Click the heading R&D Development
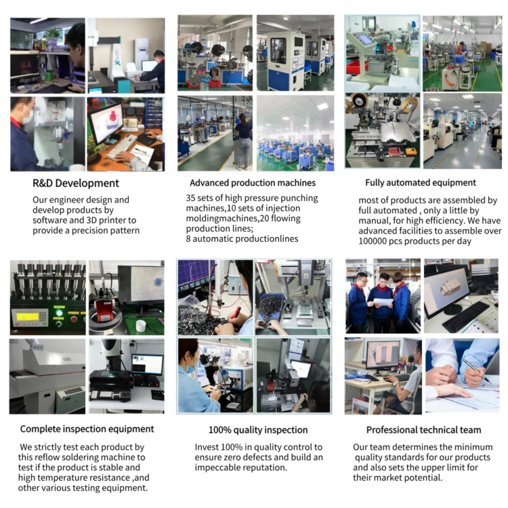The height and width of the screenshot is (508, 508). click(76, 184)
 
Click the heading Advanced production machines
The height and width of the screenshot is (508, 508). click(253, 183)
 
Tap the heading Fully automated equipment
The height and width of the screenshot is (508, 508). click(421, 183)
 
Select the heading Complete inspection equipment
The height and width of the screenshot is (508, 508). click(87, 429)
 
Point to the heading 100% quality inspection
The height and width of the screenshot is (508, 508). click(258, 430)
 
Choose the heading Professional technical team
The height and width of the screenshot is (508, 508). click(423, 430)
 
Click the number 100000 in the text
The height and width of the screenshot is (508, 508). click(373, 241)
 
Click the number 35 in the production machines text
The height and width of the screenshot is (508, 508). click(190, 198)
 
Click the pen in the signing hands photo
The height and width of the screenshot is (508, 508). click(477, 371)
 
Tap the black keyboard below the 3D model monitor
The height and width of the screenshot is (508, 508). click(465, 316)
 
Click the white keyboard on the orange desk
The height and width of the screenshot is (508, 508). click(122, 147)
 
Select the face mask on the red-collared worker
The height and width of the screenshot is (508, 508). click(28, 115)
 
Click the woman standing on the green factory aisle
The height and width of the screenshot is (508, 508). click(243, 142)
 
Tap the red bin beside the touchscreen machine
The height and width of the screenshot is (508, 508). click(357, 67)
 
